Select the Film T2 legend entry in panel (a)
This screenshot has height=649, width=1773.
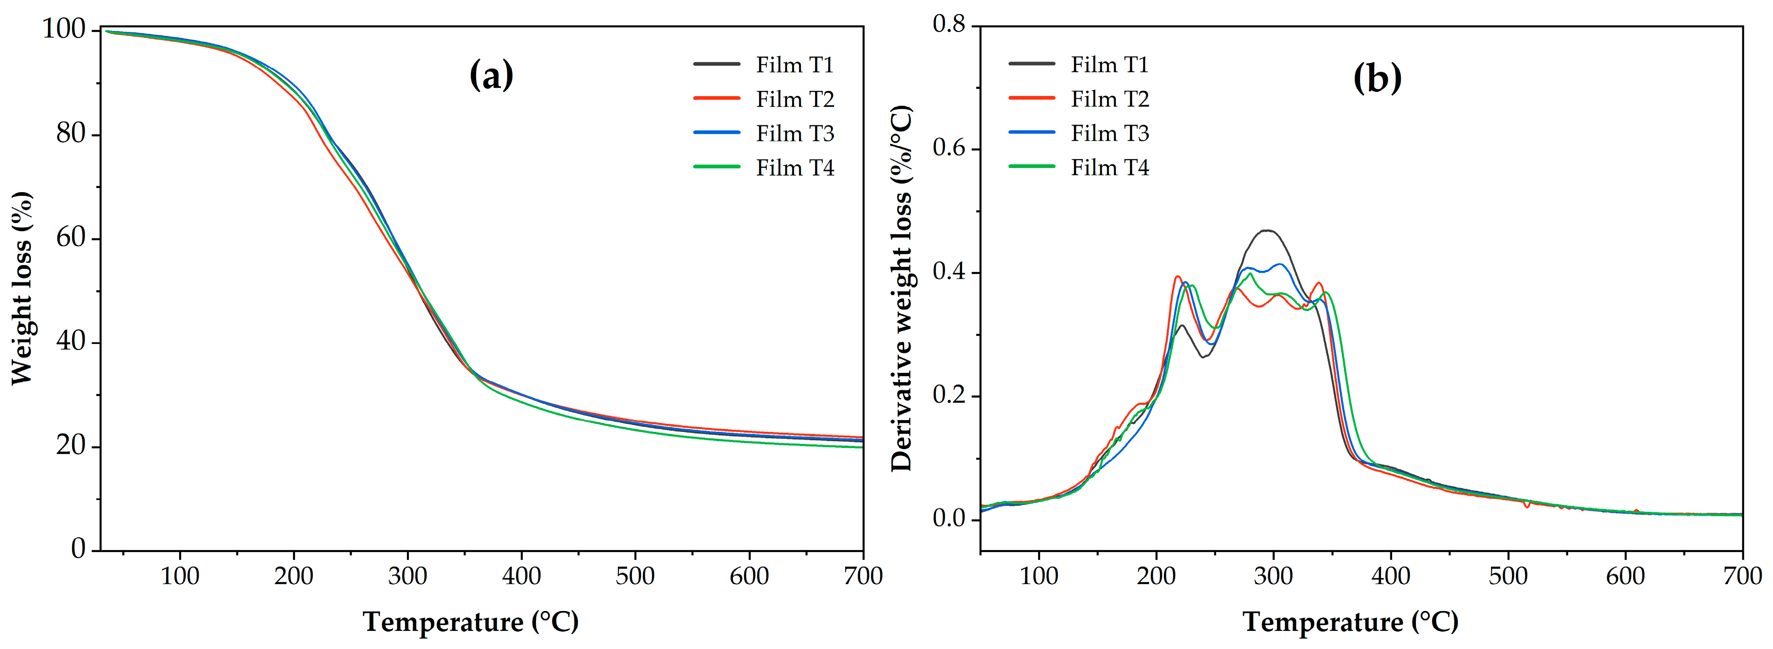pos(764,99)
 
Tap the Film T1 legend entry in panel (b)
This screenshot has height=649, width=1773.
pos(1078,64)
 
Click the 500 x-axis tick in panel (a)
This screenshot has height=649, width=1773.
pos(634,576)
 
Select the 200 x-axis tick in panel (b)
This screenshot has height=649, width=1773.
pos(1156,576)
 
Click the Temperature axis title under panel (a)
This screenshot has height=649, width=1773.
pos(471,622)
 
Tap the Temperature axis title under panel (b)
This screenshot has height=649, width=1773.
pos(1350,622)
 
